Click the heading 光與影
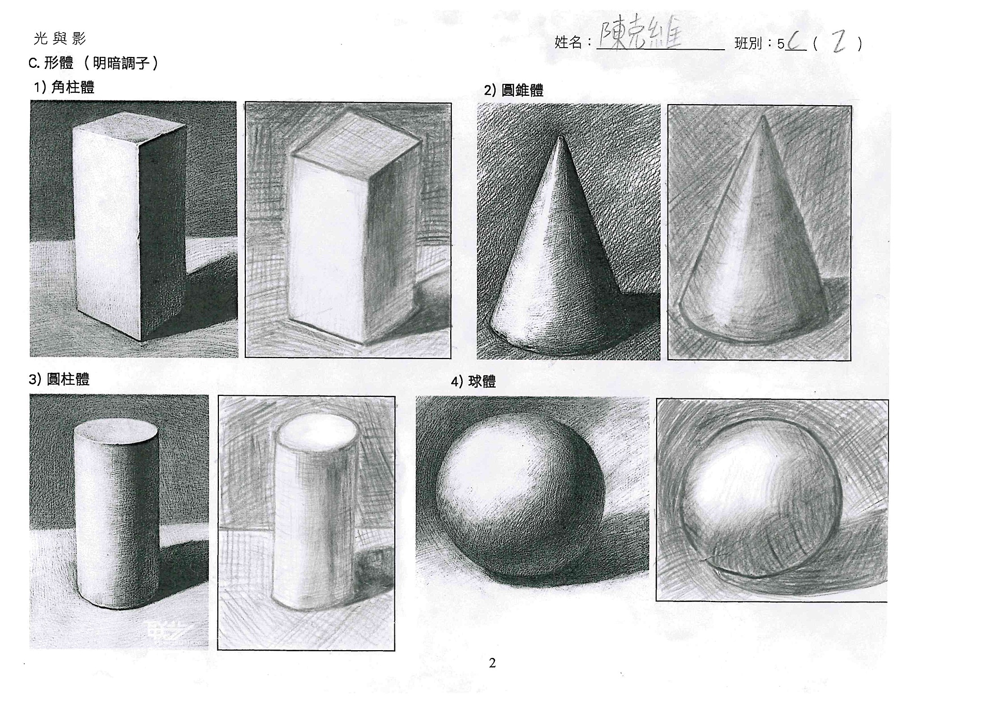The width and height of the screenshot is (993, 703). [60, 38]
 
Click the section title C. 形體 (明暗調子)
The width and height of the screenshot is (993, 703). [94, 63]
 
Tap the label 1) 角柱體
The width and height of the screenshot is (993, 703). [64, 87]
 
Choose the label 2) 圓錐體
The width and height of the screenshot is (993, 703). [513, 90]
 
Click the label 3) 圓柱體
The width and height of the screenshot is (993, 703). [59, 379]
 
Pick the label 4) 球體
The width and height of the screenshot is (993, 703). [473, 382]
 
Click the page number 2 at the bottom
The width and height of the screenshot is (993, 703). [492, 663]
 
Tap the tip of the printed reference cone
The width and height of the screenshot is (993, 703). [561, 137]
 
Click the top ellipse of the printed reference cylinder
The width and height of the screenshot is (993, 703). [115, 431]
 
